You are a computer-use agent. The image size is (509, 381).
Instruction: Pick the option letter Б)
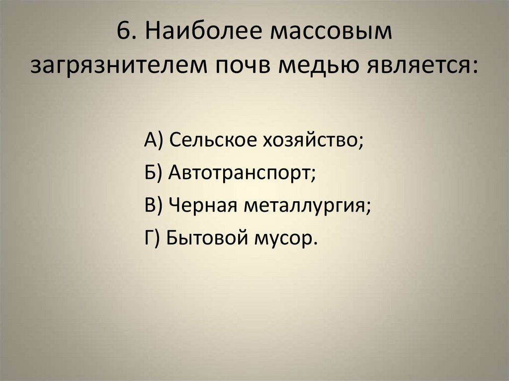154,173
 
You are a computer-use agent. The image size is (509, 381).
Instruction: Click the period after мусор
314,243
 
